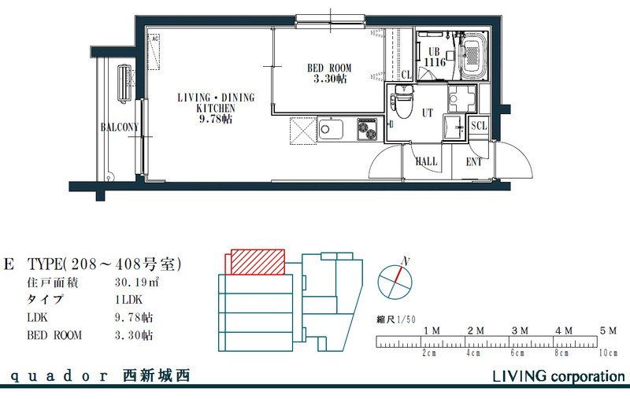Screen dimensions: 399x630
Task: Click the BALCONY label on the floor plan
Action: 120,127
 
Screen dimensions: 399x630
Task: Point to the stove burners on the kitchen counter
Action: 367,129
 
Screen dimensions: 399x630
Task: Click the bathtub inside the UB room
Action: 472,55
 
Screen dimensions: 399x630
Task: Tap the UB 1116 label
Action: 435,57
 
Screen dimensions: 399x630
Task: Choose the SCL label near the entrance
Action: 479,126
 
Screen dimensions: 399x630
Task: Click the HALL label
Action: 426,161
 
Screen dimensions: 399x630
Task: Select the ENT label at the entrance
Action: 474,162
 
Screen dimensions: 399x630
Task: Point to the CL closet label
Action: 406,75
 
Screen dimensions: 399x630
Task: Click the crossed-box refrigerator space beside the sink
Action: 302,129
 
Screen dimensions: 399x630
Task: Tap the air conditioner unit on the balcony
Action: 125,83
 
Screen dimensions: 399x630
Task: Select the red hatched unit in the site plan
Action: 258,262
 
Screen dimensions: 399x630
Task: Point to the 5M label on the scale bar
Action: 607,331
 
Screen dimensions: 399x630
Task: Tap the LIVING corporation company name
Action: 558,376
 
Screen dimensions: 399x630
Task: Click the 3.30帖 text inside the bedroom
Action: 329,79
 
